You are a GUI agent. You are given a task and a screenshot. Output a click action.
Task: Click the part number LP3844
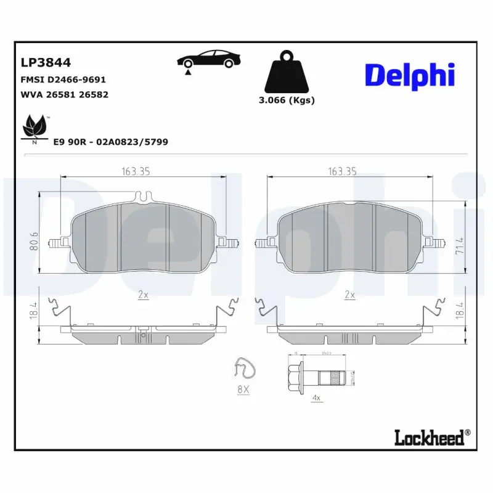pyautogui.click(x=46, y=62)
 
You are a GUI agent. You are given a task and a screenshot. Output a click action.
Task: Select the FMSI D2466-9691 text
pyautogui.click(x=63, y=79)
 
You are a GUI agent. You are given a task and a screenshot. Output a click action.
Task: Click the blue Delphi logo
pyautogui.click(x=410, y=75)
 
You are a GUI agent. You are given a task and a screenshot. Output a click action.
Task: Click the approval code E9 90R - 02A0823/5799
pyautogui.click(x=111, y=142)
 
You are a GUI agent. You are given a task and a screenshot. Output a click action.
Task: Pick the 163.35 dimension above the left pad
pyautogui.click(x=136, y=172)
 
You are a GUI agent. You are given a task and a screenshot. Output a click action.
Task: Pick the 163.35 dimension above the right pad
pyautogui.click(x=342, y=172)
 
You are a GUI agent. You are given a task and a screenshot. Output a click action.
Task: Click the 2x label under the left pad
pyautogui.click(x=143, y=295)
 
